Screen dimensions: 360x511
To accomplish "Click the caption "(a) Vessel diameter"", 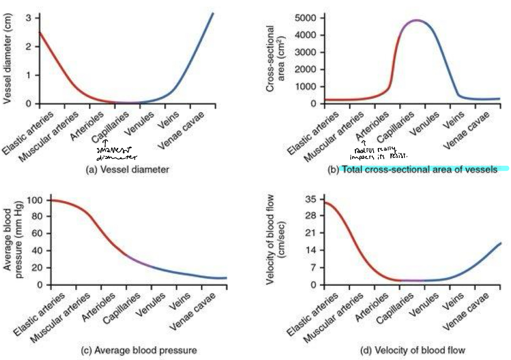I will coord(127,169).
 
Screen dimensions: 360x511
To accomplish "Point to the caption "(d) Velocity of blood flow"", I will coord(412,350).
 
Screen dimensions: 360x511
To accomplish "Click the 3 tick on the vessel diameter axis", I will coord(28,18).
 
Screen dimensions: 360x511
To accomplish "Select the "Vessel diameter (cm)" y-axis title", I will coord(7,59).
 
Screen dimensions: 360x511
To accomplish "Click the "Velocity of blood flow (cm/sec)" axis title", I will coord(275,240).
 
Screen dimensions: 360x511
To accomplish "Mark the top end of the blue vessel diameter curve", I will coord(213,13).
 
